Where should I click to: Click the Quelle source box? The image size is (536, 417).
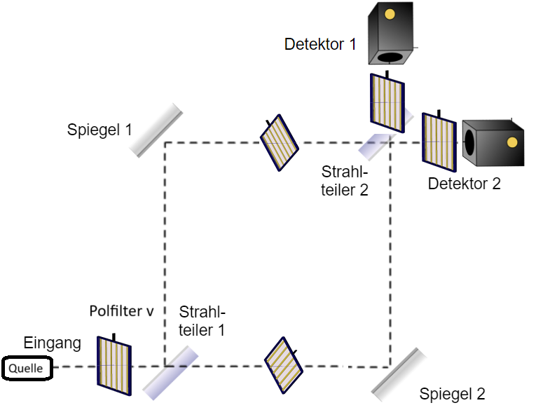point(27,368)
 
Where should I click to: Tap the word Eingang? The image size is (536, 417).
point(53,343)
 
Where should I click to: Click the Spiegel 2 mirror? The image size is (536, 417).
point(399,374)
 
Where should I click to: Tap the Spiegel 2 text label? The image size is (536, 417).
point(452,394)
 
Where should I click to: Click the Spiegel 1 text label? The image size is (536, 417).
point(99,130)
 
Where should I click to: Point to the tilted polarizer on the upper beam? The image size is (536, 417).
point(279,143)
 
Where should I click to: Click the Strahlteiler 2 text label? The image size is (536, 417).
point(345,180)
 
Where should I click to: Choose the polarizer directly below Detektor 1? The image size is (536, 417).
point(387,102)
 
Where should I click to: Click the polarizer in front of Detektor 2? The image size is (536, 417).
point(439,143)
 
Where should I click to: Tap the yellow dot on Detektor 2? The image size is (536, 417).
point(512,143)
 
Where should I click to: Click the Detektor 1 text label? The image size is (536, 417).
point(320,44)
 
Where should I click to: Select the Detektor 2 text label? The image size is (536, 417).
point(465,184)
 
